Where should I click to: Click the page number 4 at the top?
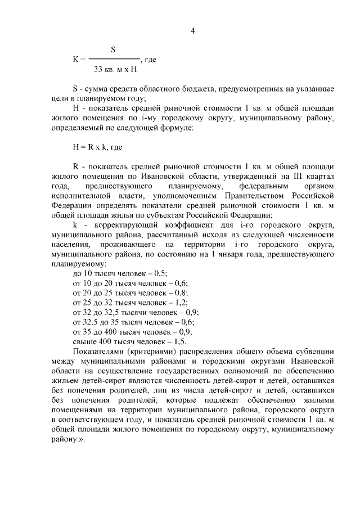click(192, 31)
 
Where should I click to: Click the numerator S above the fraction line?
click(113, 49)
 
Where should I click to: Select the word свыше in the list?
click(85, 341)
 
